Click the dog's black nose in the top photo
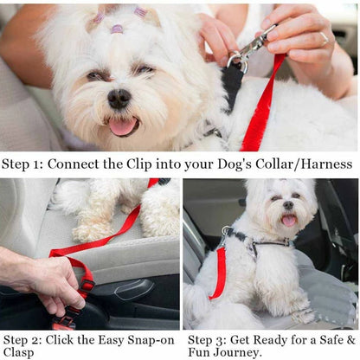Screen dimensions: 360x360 (119, 98)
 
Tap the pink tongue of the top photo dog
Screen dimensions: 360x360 (122, 126)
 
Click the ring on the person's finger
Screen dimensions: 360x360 (324, 38)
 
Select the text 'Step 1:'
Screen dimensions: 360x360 (22, 164)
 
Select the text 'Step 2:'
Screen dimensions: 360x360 (22, 339)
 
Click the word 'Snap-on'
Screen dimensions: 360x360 (151, 339)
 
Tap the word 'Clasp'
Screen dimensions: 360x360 (20, 352)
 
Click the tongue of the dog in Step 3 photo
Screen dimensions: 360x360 (289, 221)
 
